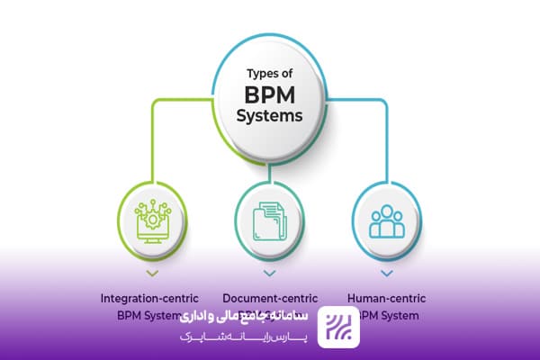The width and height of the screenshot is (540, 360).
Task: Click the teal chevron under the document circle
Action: point(268,271)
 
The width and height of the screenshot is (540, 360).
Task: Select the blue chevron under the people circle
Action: point(386,271)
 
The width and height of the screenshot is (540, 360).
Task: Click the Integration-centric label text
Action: point(150,297)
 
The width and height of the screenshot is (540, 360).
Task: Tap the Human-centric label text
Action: point(386,297)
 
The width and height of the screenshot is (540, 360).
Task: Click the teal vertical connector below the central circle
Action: point(268,166)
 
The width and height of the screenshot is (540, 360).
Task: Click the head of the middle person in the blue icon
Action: point(386,212)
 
